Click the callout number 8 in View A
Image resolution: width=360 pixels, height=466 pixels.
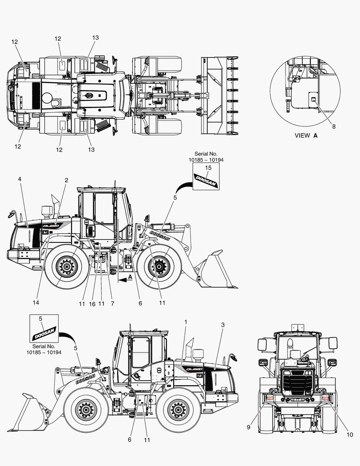tap(334, 126)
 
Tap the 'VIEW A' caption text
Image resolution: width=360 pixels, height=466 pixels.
tap(306, 135)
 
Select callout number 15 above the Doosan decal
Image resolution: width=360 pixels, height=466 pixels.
tap(208, 168)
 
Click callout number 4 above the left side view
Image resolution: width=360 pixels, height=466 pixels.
tap(19, 179)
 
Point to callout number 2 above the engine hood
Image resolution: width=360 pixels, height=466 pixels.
tap(66, 180)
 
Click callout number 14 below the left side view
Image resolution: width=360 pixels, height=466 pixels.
tap(36, 302)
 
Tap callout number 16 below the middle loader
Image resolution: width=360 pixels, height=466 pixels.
tap(92, 304)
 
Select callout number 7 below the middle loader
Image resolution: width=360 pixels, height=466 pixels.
tap(113, 304)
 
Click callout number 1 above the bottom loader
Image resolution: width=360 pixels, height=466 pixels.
tap(186, 322)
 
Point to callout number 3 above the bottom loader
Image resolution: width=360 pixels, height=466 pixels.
tap(223, 325)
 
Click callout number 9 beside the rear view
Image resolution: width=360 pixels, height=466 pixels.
tap(248, 427)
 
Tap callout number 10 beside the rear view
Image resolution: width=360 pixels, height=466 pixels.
tap(350, 435)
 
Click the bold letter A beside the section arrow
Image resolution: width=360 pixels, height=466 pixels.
tap(130, 277)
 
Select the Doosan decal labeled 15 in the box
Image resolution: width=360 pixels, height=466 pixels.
tap(206, 181)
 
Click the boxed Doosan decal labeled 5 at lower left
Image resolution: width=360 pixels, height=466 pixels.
tap(44, 334)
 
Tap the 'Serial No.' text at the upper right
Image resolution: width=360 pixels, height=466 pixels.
tap(206, 154)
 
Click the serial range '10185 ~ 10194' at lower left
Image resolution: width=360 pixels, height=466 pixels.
tap(44, 353)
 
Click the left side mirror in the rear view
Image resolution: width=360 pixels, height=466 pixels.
tap(262, 344)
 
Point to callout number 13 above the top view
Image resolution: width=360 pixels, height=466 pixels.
tap(95, 38)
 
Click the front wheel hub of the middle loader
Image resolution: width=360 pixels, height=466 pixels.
tap(159, 266)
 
